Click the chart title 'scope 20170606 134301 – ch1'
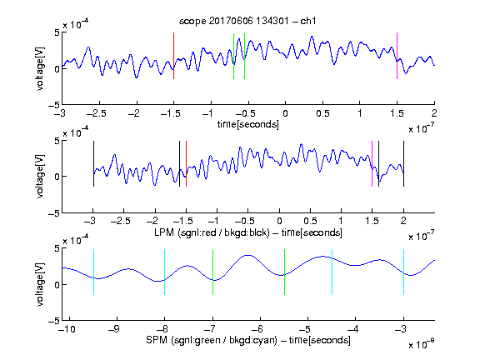coord(247,21)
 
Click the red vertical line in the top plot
coord(173,56)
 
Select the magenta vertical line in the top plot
coord(397,56)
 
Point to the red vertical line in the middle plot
coord(186,164)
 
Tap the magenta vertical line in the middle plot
coord(372,164)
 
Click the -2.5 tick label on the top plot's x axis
coord(97,113)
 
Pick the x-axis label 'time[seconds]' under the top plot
coord(248,124)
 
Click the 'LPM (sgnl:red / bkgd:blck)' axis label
coord(212,232)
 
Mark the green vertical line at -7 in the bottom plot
coord(212,272)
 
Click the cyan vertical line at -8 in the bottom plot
coord(165,272)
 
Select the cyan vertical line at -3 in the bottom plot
coord(404,272)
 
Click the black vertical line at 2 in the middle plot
coord(404,164)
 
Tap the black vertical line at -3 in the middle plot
coord(93,164)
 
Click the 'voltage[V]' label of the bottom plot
coord(40,284)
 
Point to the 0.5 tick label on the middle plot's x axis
coord(310,222)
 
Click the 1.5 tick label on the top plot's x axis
coord(397,113)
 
